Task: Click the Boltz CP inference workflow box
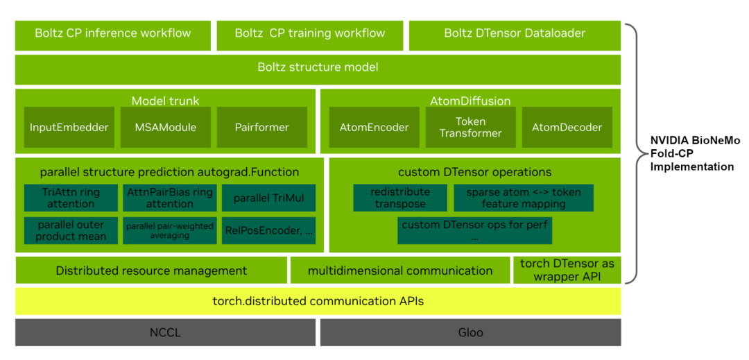pyautogui.click(x=112, y=34)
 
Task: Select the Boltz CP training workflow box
pyautogui.click(x=309, y=34)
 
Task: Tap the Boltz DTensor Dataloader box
pyautogui.click(x=514, y=34)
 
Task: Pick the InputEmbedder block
pyautogui.click(x=69, y=128)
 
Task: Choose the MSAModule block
pyautogui.click(x=165, y=128)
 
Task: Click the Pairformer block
pyautogui.click(x=262, y=128)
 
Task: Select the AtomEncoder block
pyautogui.click(x=374, y=128)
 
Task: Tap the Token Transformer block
pyautogui.click(x=470, y=128)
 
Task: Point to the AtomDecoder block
pyautogui.click(x=567, y=128)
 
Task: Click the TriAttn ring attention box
pyautogui.click(x=71, y=198)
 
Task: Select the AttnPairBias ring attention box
pyautogui.click(x=169, y=198)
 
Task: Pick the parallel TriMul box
pyautogui.click(x=268, y=198)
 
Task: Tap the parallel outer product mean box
pyautogui.click(x=71, y=230)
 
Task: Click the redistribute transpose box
pyautogui.click(x=399, y=198)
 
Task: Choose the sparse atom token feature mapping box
pyautogui.click(x=523, y=198)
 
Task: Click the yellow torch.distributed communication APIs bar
pyautogui.click(x=318, y=301)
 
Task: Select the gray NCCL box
pyautogui.click(x=165, y=332)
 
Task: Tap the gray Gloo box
pyautogui.click(x=470, y=332)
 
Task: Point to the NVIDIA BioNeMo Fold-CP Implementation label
pyautogui.click(x=694, y=153)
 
